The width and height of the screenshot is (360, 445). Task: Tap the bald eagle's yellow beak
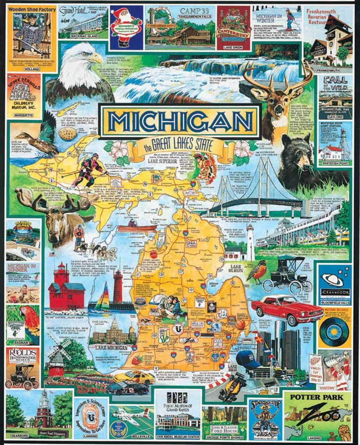coord(98,57)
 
